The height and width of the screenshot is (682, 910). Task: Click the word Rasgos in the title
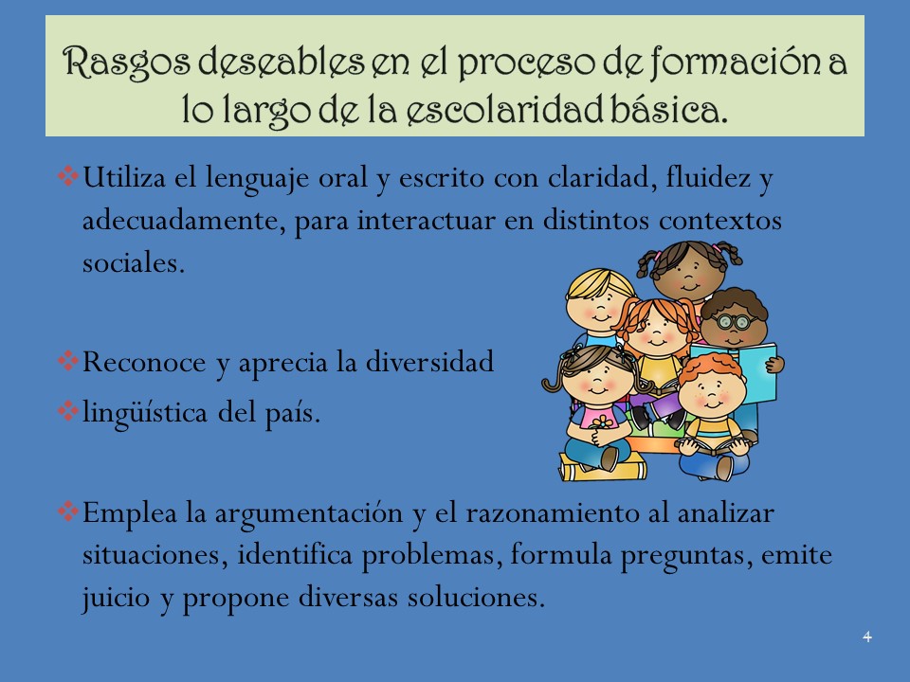(x=126, y=63)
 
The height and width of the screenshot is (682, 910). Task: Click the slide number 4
(x=867, y=637)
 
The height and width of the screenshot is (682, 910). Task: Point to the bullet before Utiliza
(x=68, y=176)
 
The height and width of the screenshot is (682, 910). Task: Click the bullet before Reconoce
(x=68, y=360)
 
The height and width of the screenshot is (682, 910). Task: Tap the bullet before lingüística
(x=68, y=410)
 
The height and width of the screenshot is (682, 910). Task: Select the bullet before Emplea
(x=68, y=511)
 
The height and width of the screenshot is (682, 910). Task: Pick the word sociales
(x=134, y=262)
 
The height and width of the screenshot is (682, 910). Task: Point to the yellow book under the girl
(x=603, y=467)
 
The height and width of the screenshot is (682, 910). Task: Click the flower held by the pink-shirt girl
(x=602, y=422)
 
